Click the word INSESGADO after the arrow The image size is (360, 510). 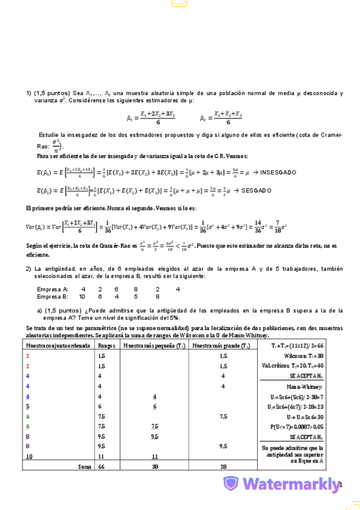tap(278, 173)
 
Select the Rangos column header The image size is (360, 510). tap(106, 346)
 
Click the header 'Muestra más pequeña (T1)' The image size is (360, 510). tap(154, 346)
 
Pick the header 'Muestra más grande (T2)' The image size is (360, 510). tap(223, 346)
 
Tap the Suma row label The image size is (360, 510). tap(85, 466)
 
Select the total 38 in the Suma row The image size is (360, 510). tap(154, 466)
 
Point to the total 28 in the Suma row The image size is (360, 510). tap(223, 466)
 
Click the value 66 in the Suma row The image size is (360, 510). tap(102, 466)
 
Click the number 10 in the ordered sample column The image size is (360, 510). tap(29, 456)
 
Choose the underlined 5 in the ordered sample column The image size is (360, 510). tap(28, 407)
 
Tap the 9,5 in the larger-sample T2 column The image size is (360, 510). tap(223, 446)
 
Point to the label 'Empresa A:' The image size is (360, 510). tap(52, 289)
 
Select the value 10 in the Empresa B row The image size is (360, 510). tap(82, 296)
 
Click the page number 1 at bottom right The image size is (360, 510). tap(340, 484)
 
